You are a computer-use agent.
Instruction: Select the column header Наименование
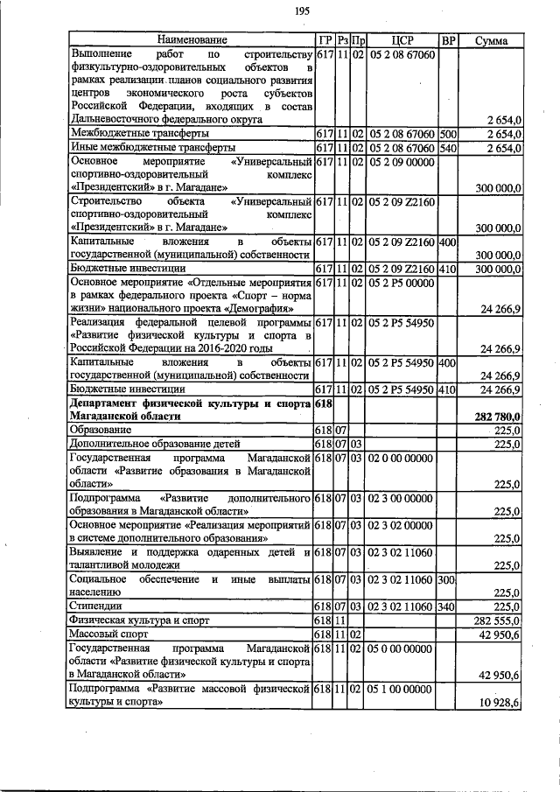point(191,40)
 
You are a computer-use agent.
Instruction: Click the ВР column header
point(448,40)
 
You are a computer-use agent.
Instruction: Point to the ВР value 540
point(448,147)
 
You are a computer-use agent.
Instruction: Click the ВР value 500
point(448,133)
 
